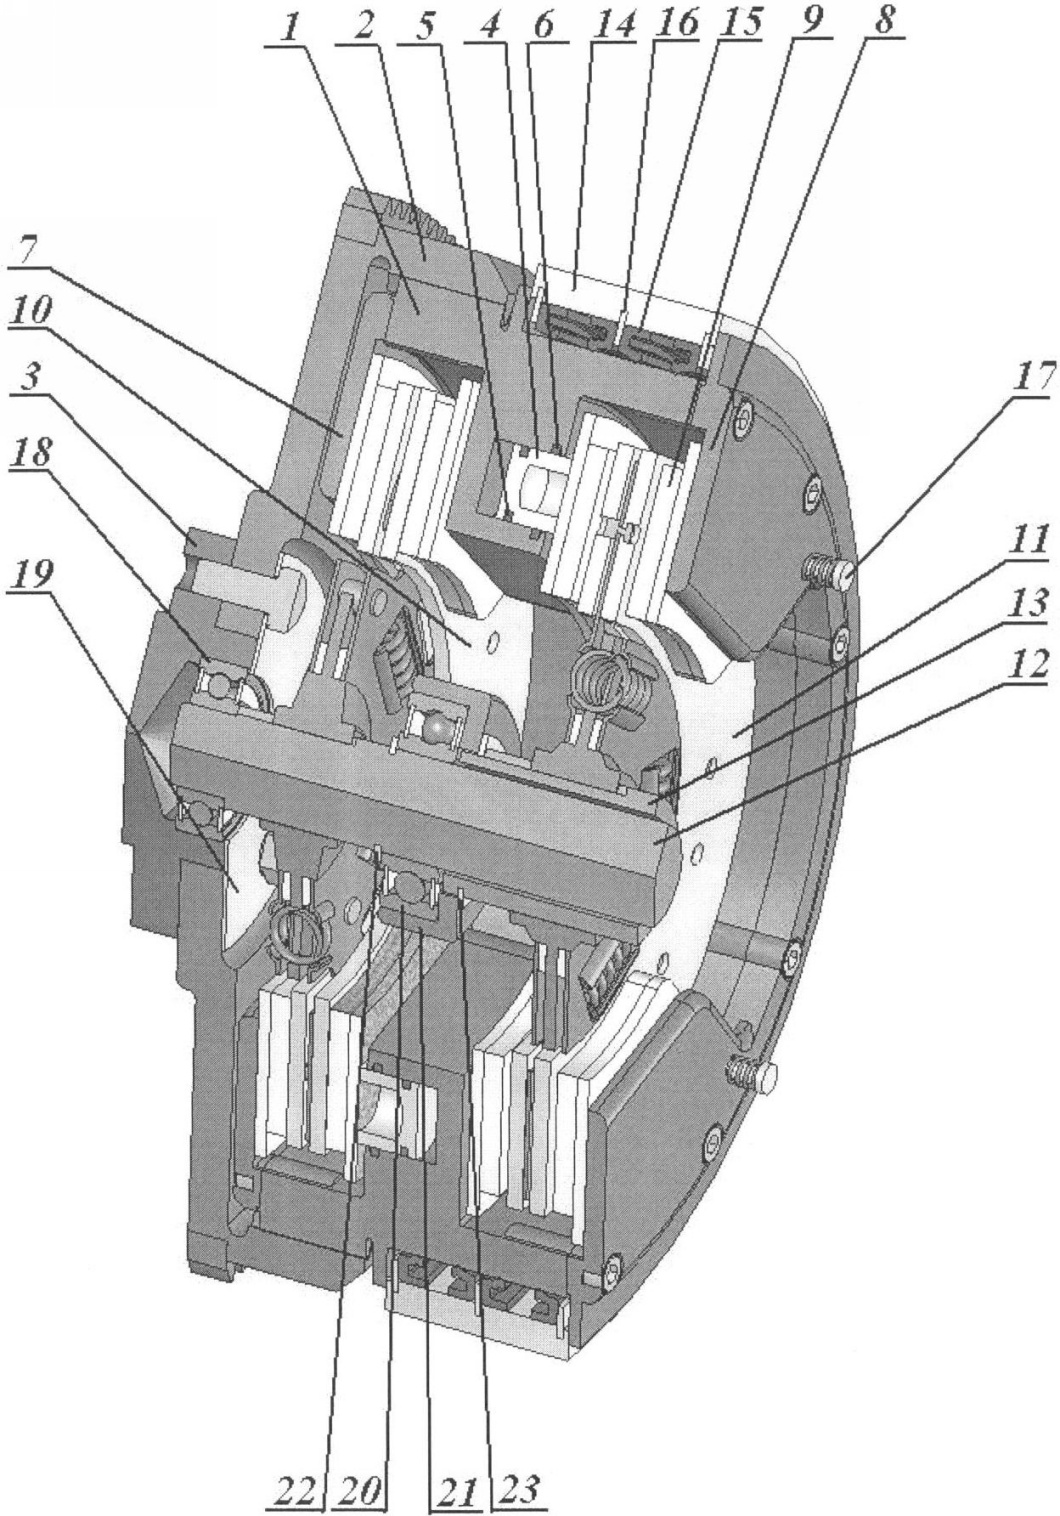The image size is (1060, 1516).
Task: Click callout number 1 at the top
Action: [x=289, y=27]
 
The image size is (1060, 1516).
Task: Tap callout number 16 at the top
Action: [x=677, y=24]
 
